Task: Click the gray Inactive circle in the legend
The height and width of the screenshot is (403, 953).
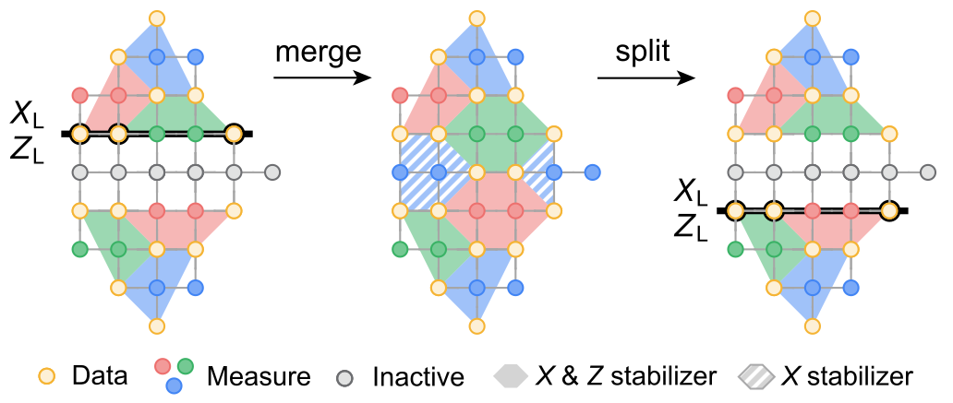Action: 345,375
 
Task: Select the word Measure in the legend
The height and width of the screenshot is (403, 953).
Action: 259,376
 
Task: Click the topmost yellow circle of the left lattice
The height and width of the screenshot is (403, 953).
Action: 157,18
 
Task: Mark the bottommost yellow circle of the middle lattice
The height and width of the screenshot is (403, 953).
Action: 476,326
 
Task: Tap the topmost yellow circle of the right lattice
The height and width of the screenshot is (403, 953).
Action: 813,18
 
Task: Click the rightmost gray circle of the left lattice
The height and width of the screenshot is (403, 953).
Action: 272,172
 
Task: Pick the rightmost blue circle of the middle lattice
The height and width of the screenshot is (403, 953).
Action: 593,172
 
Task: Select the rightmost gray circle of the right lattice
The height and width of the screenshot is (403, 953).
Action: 928,172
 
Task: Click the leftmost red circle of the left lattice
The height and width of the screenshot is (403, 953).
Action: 79,95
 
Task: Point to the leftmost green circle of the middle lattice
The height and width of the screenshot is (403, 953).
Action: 400,249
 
